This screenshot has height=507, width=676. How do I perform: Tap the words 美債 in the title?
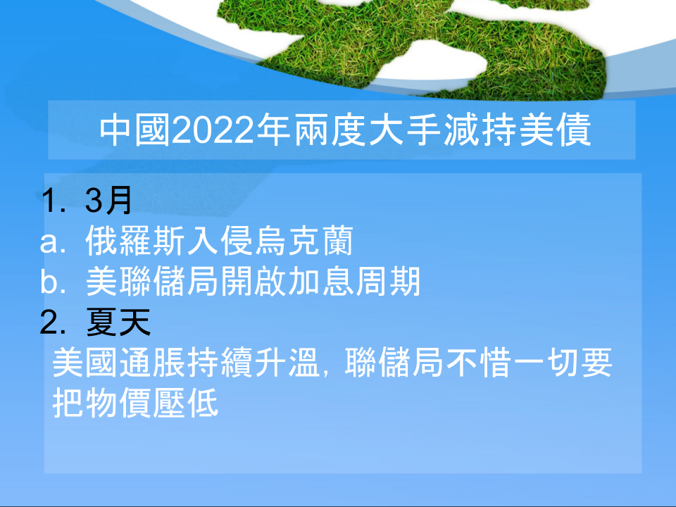[x=555, y=130]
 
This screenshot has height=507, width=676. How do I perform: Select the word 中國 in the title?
[x=134, y=130]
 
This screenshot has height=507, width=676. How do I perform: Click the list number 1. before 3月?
[x=54, y=201]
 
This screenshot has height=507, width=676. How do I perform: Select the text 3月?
[x=108, y=201]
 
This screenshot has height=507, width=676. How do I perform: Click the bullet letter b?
[x=53, y=282]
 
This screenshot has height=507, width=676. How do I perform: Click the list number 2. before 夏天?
[x=53, y=323]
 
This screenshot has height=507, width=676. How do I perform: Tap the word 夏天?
[x=118, y=322]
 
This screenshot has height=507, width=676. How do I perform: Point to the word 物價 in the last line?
[x=118, y=403]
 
